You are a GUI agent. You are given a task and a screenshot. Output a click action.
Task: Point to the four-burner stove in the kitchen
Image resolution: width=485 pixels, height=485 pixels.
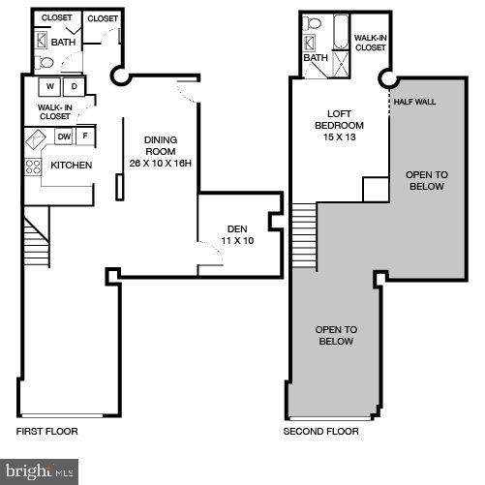[x=32, y=167]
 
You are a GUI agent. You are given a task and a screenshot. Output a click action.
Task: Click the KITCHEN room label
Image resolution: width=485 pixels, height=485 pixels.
[x=71, y=166]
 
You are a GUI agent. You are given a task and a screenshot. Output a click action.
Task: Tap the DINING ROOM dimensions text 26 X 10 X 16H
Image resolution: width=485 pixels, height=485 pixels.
[x=160, y=162]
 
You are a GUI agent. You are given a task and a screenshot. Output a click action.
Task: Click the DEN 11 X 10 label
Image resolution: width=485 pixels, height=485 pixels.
[x=230, y=234]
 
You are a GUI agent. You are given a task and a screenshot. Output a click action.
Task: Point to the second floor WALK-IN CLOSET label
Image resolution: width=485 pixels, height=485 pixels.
[x=370, y=42]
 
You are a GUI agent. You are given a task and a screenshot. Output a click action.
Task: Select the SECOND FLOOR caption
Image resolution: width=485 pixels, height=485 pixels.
[x=320, y=431]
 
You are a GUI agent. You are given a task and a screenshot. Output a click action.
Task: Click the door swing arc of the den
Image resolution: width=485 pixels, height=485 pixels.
[x=208, y=254]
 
